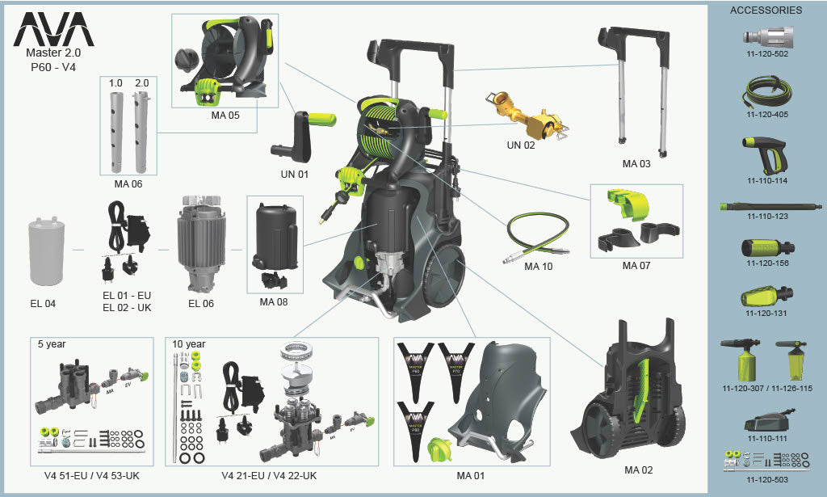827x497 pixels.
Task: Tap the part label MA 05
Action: point(225,116)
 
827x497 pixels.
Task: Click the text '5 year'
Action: point(52,343)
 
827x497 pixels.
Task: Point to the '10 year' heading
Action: point(189,343)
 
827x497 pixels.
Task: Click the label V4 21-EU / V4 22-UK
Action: point(269,476)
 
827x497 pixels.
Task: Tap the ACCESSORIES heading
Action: point(766,11)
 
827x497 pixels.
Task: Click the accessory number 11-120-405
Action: point(767,115)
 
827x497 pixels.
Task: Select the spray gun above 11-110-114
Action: point(763,154)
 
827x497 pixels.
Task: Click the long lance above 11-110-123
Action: point(766,206)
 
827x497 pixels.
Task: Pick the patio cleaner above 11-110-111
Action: point(767,420)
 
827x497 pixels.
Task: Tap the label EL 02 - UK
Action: point(128,307)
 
